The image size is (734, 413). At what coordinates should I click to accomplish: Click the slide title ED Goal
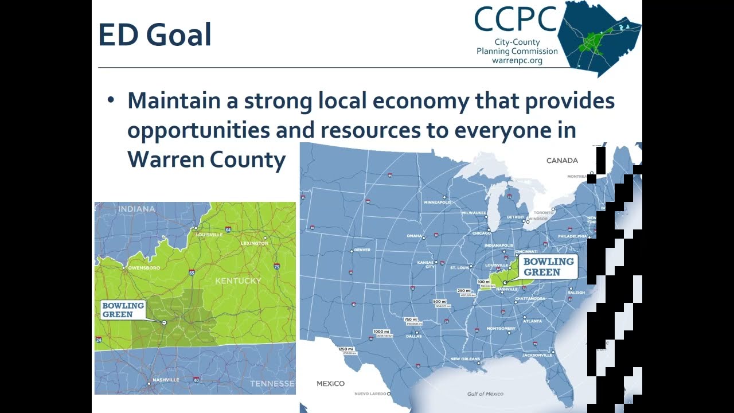(155, 36)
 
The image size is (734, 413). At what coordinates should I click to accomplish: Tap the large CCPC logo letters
(516, 20)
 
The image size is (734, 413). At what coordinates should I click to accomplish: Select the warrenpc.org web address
(517, 60)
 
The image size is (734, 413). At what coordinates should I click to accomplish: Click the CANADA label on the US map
(562, 161)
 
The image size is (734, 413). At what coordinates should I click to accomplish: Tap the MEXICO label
(331, 383)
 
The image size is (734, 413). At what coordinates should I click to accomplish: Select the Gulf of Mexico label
(485, 393)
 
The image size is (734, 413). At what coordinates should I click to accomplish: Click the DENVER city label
(362, 250)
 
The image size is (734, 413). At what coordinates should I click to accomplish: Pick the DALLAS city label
(413, 336)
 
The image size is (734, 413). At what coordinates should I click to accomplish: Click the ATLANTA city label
(533, 321)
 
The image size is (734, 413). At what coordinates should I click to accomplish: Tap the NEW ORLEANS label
(465, 359)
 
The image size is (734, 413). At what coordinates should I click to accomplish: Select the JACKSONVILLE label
(537, 355)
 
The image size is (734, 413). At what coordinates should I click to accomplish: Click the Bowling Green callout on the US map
(548, 267)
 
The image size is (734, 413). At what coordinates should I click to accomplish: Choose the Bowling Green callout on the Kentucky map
(122, 310)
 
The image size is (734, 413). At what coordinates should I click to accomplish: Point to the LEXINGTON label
(255, 243)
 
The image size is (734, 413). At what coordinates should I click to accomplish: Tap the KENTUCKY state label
(238, 280)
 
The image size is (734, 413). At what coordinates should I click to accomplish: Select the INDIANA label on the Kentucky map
(136, 209)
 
